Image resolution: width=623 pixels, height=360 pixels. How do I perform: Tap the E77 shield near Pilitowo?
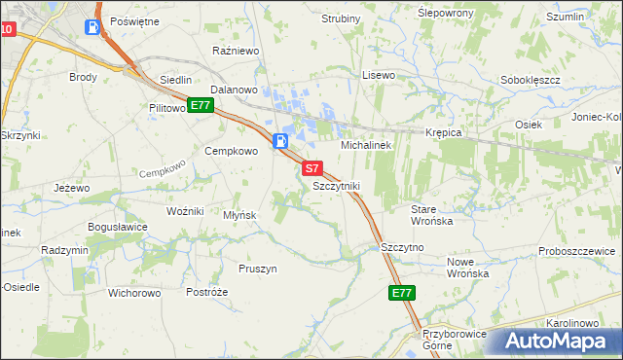tap(201, 105)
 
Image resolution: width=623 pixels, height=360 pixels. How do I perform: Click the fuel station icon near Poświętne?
tap(92, 27)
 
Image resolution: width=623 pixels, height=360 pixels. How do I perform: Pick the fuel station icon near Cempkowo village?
tap(280, 140)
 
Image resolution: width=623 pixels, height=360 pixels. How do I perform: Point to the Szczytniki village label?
tap(337, 185)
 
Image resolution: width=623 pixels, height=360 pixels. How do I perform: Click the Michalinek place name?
tap(365, 145)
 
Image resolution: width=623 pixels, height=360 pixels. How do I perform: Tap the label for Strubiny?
tap(341, 18)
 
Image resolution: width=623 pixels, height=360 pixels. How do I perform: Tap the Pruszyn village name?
tap(258, 269)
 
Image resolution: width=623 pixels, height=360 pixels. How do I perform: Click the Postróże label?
tap(206, 292)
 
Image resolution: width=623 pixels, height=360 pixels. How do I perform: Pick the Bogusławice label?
tap(118, 227)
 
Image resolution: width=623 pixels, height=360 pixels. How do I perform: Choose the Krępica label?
tap(442, 132)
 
